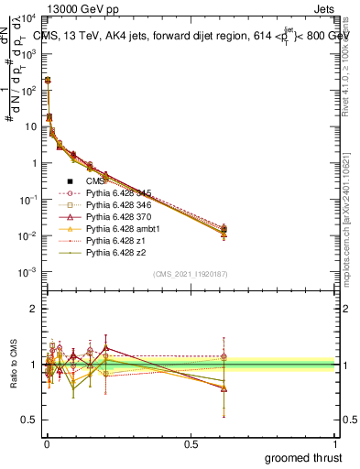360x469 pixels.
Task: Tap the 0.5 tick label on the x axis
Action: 191,444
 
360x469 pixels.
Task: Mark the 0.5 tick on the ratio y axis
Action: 28,420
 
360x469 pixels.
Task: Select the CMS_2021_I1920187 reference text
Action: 190,274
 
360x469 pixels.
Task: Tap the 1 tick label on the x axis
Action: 334,444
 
